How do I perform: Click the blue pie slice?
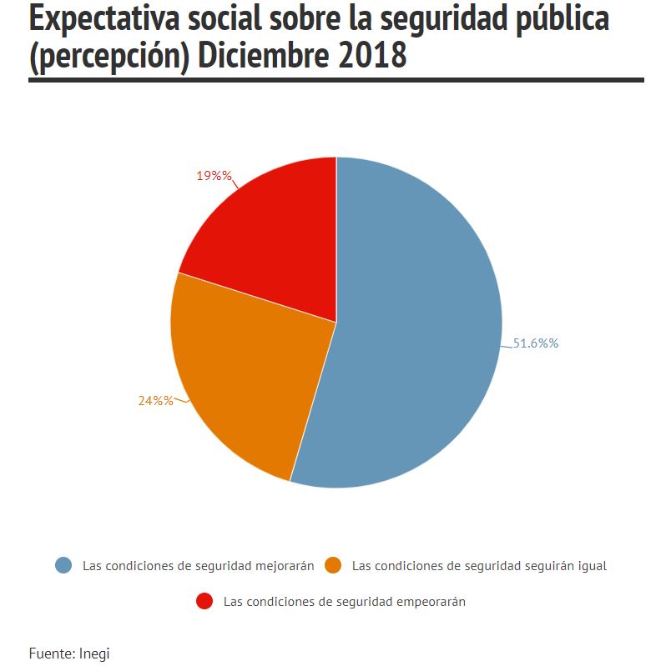[x=411, y=325]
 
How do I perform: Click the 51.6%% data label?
[x=536, y=343]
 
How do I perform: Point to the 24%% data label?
[x=156, y=401]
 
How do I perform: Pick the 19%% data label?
[x=214, y=176]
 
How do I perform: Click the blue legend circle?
[x=63, y=565]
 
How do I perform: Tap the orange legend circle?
[x=333, y=565]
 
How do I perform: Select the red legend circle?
[x=204, y=601]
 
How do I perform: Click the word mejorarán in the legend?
[x=285, y=566]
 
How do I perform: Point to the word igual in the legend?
[x=593, y=567]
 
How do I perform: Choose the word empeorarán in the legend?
[x=431, y=603]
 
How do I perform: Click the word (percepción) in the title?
[x=109, y=57]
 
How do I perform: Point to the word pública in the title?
[x=563, y=19]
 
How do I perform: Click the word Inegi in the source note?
[x=94, y=653]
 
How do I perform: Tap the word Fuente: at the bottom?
[x=53, y=653]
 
